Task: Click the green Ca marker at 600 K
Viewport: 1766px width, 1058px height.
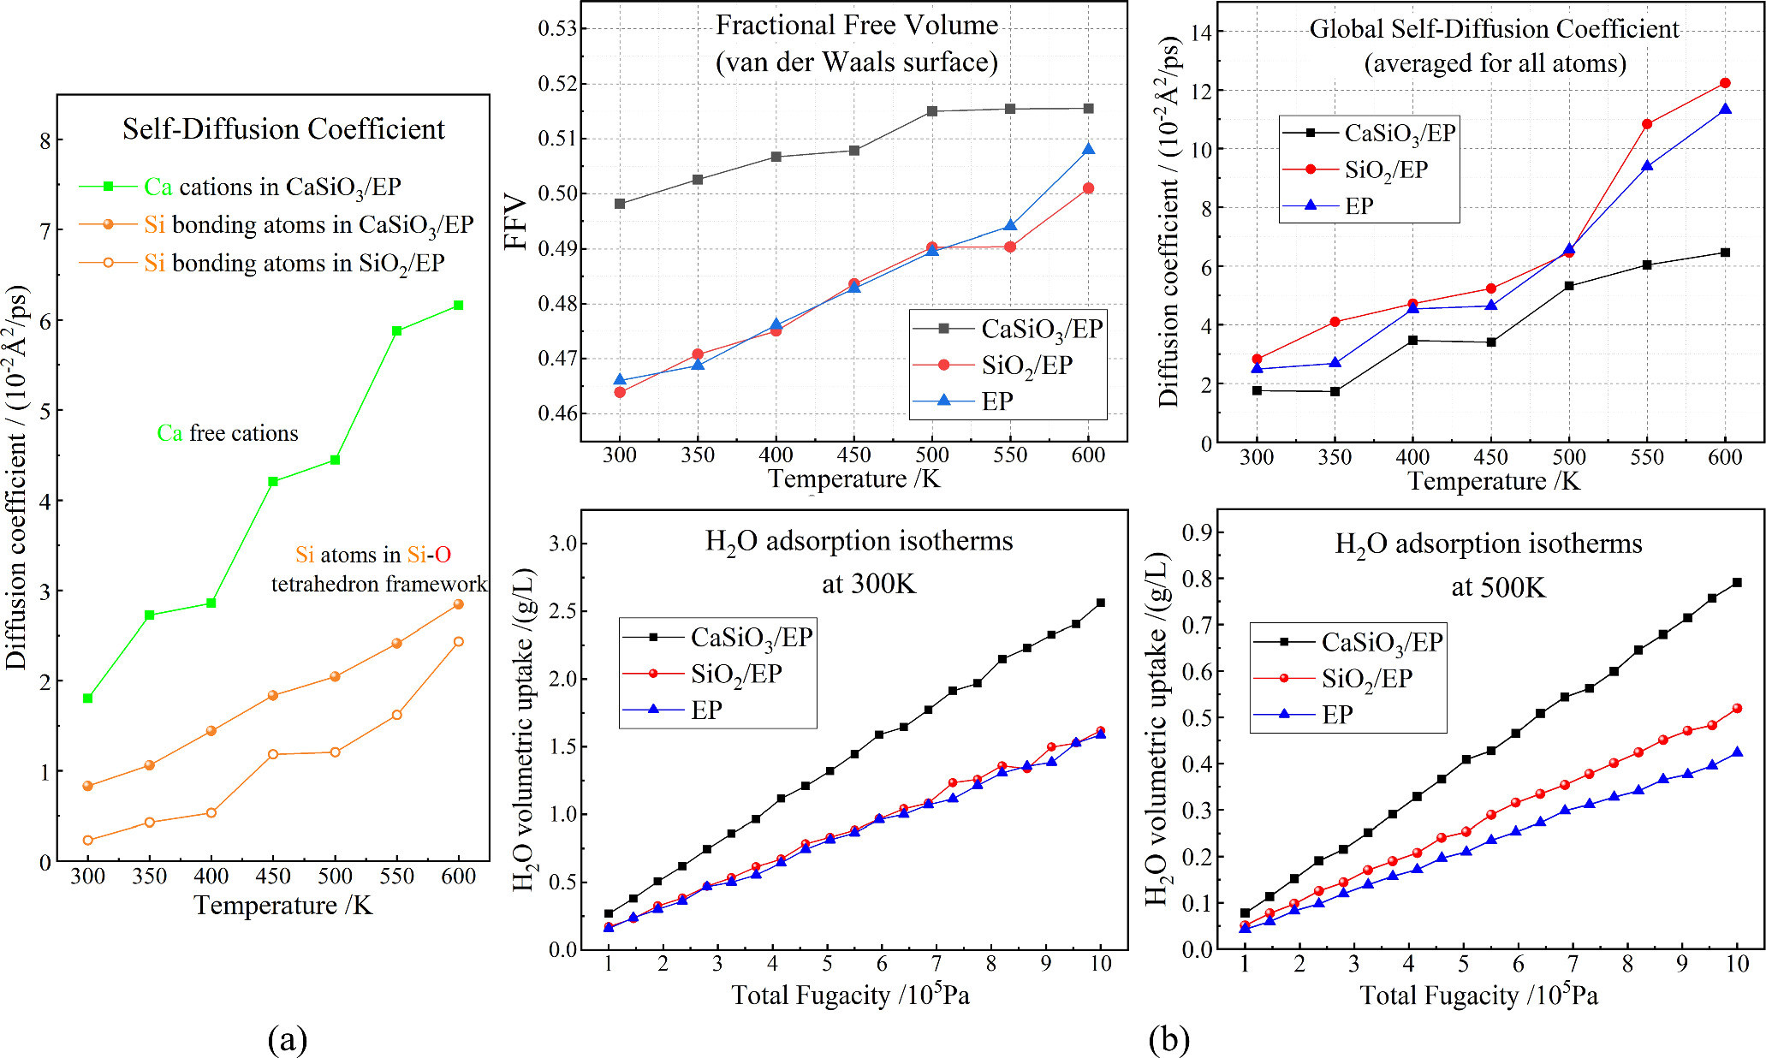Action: [x=459, y=306]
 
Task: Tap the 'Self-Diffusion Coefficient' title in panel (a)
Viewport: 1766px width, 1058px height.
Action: [x=283, y=129]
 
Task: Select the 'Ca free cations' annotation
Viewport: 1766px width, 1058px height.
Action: [x=228, y=433]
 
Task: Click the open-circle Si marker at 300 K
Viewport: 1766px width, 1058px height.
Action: [x=87, y=841]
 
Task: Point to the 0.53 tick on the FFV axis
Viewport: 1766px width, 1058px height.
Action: [x=556, y=29]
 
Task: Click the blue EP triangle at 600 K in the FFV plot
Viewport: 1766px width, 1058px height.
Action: [x=1088, y=150]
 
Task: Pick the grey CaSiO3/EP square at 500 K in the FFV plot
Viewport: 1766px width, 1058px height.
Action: [x=932, y=111]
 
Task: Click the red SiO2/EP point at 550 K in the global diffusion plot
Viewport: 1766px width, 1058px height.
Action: [x=1647, y=124]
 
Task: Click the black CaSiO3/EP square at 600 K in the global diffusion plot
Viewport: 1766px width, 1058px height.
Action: [x=1725, y=253]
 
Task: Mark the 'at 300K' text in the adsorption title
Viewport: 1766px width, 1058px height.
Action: [x=868, y=585]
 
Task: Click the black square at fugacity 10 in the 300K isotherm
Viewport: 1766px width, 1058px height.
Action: [x=1101, y=603]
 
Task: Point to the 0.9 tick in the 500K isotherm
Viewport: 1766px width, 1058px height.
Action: [x=1197, y=532]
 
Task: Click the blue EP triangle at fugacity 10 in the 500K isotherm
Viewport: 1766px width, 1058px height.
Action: [x=1737, y=752]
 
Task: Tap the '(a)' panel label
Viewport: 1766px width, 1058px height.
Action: [x=287, y=1040]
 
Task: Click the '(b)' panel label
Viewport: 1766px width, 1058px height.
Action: [x=1169, y=1040]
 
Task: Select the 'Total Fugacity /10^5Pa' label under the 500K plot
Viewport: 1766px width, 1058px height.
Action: [x=1478, y=996]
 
